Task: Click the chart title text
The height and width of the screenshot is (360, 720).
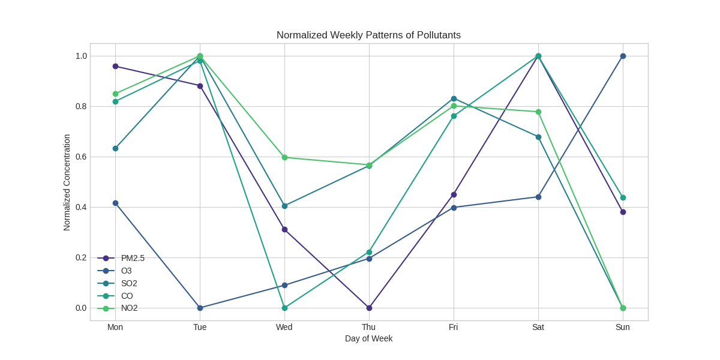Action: point(368,35)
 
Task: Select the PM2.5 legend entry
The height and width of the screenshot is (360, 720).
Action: point(133,259)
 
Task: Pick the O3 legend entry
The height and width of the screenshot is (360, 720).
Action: point(126,271)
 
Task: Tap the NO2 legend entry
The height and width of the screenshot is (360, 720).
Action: point(129,308)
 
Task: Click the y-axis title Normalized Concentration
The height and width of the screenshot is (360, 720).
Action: point(67,182)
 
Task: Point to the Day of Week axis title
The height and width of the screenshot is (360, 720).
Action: point(368,339)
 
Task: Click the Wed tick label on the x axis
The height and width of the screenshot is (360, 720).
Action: point(284,328)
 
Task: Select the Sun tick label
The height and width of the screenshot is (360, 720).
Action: point(623,328)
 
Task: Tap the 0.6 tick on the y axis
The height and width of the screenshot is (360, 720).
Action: point(81,157)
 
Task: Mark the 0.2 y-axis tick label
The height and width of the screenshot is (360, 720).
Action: point(81,258)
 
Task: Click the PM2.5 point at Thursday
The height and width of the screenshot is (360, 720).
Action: point(369,308)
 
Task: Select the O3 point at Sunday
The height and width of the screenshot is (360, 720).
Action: point(623,56)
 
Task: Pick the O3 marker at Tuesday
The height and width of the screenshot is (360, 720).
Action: point(200,308)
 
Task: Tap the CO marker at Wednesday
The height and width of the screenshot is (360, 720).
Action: point(284,308)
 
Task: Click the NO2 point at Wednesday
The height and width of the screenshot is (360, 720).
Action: point(284,158)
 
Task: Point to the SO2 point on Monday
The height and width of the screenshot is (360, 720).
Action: point(115,149)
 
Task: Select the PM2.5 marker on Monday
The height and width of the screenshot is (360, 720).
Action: point(115,67)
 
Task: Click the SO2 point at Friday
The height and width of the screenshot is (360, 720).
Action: point(454,99)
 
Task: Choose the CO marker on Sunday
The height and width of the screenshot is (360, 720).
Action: point(623,198)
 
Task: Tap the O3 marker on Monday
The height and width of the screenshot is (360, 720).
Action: point(115,203)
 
